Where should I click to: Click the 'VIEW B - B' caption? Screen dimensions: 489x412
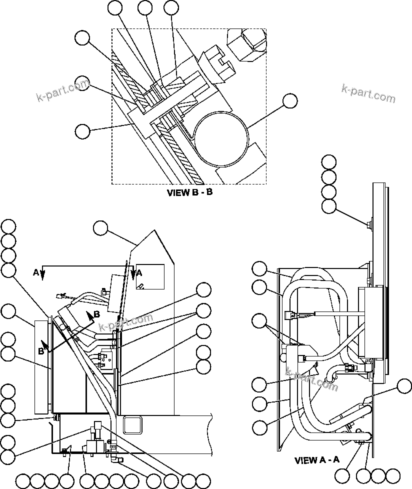click(x=189, y=192)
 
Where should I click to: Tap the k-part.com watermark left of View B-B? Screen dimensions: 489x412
click(x=62, y=90)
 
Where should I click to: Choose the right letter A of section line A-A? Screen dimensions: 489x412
click(x=139, y=273)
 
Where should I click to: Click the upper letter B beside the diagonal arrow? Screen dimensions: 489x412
click(x=96, y=313)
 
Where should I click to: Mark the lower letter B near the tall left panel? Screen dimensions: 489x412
click(x=41, y=351)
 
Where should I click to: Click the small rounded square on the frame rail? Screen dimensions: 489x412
click(x=132, y=425)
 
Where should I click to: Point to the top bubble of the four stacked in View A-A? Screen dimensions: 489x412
click(x=329, y=161)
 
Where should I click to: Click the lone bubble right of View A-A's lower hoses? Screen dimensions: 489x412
click(x=404, y=386)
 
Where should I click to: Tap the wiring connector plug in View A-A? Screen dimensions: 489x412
click(x=289, y=315)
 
